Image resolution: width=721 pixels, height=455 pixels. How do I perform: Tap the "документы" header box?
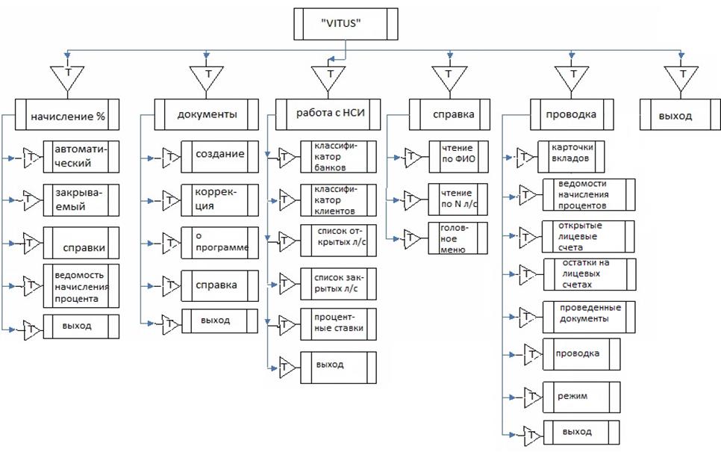click(207, 114)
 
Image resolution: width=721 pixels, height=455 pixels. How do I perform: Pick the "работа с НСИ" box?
click(328, 114)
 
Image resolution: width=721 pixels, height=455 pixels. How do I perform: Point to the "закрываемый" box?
click(81, 198)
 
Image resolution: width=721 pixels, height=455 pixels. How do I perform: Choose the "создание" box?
click(219, 155)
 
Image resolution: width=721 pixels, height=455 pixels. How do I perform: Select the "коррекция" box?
click(219, 198)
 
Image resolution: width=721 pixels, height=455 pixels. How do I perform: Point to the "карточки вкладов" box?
click(571, 153)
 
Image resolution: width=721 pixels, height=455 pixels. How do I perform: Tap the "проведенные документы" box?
click(589, 314)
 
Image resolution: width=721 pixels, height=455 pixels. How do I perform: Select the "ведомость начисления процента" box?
click(81, 284)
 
